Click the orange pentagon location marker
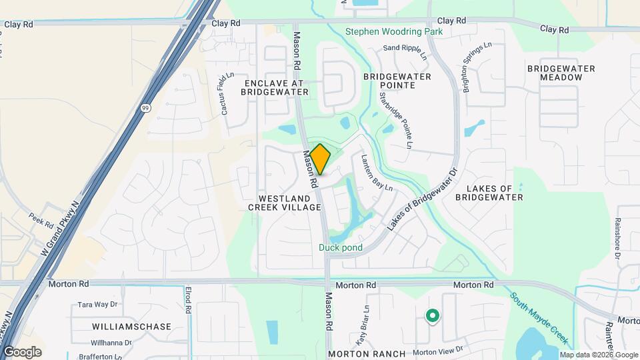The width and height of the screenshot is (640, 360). pos(320,160)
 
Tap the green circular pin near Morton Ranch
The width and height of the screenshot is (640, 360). pos(432,316)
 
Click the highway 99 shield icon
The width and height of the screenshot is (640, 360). pos(145,107)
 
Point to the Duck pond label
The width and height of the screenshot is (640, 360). pos(340,247)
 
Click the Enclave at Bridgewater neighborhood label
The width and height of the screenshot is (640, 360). pos(274,87)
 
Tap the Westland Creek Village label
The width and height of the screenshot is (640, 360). pos(284,203)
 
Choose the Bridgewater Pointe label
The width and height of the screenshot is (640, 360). pos(399,81)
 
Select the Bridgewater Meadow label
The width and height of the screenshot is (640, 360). pos(555,73)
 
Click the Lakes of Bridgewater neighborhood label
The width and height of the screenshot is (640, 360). pos(489,192)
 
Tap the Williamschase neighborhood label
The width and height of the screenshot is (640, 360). pos(132,327)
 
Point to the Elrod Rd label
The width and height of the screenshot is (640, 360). pos(189,301)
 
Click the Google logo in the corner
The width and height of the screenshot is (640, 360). pos(22,352)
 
